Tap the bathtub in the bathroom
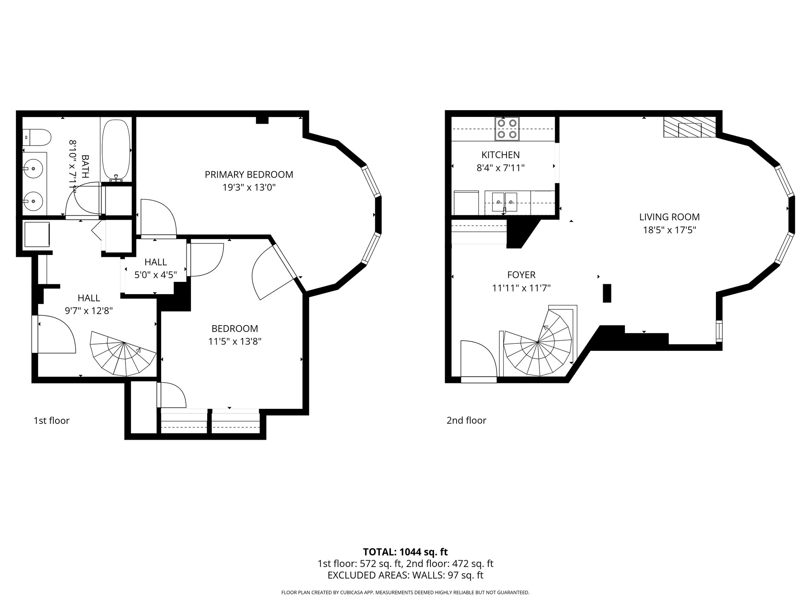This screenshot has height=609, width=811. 116,150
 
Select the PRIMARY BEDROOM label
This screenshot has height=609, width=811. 249,174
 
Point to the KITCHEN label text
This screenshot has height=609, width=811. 501,155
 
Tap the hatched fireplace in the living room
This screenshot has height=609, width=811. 689,128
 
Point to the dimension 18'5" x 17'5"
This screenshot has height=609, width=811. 669,230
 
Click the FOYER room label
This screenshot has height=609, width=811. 521,275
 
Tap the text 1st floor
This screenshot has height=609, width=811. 51,421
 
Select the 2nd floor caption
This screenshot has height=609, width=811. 466,421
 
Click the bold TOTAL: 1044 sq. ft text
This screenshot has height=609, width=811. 405,552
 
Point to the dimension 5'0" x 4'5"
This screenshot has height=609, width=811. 155,275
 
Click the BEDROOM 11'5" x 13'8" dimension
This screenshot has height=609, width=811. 235,341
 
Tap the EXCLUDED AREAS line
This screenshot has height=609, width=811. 405,575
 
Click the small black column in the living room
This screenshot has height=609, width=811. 607,293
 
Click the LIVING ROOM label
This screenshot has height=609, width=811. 669,217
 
